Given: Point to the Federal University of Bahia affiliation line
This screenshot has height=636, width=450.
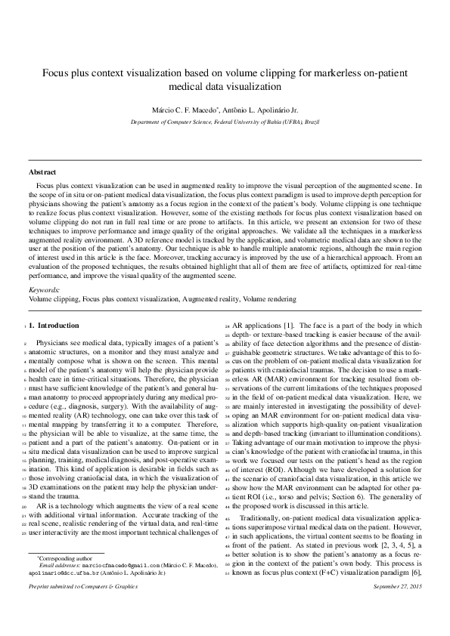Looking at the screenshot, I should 225,121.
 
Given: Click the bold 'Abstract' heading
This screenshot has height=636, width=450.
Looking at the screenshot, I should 42,172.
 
